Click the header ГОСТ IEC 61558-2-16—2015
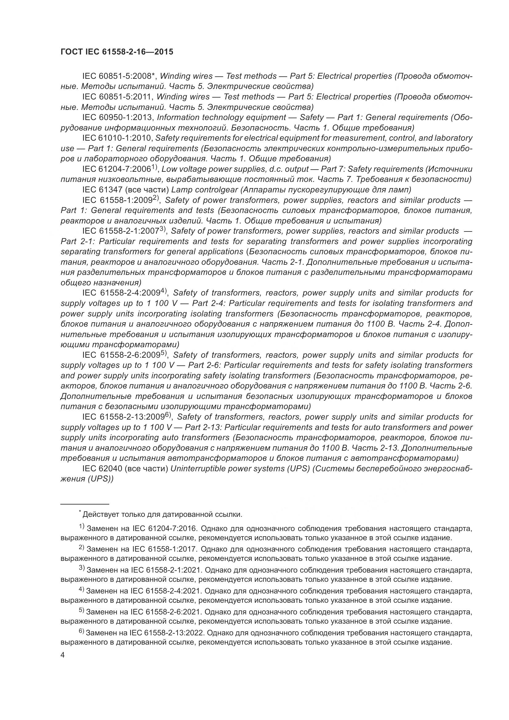point(117,52)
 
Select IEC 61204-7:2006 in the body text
point(117,169)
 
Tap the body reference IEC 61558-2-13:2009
point(123,417)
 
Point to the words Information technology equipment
point(221,118)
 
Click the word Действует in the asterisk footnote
point(101,515)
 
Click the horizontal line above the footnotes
point(85,504)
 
